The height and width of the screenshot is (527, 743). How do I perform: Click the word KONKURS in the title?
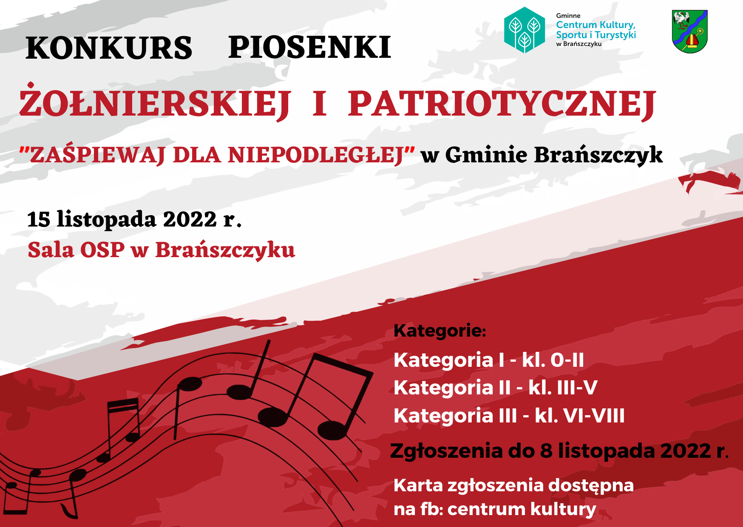(x=109, y=48)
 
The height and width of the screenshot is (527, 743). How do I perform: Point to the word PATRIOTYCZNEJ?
(x=502, y=104)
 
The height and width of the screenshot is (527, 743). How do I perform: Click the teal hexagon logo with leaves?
(x=525, y=30)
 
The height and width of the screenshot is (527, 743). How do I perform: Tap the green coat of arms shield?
(x=689, y=32)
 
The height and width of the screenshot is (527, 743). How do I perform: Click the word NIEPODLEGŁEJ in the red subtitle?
(x=316, y=155)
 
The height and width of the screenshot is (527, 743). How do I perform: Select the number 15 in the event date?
(x=39, y=220)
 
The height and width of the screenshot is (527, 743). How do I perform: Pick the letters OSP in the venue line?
(x=102, y=250)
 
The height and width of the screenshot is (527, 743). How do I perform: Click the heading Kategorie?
(x=440, y=331)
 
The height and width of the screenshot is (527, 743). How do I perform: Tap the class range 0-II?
(x=567, y=360)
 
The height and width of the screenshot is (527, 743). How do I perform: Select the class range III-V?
(x=563, y=388)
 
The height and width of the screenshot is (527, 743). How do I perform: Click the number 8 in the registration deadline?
(x=546, y=451)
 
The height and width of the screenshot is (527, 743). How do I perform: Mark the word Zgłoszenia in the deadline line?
(x=446, y=451)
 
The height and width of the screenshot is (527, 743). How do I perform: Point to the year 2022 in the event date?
(x=190, y=220)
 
